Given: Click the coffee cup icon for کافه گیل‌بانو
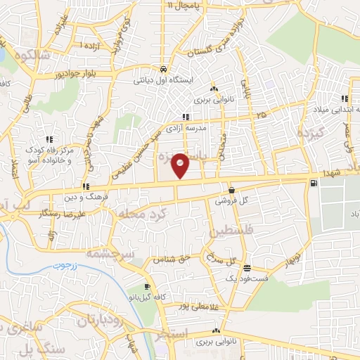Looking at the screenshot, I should point(147,286).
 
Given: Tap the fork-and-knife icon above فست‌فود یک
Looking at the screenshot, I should point(247,267).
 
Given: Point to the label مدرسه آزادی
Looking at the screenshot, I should point(185,126).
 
